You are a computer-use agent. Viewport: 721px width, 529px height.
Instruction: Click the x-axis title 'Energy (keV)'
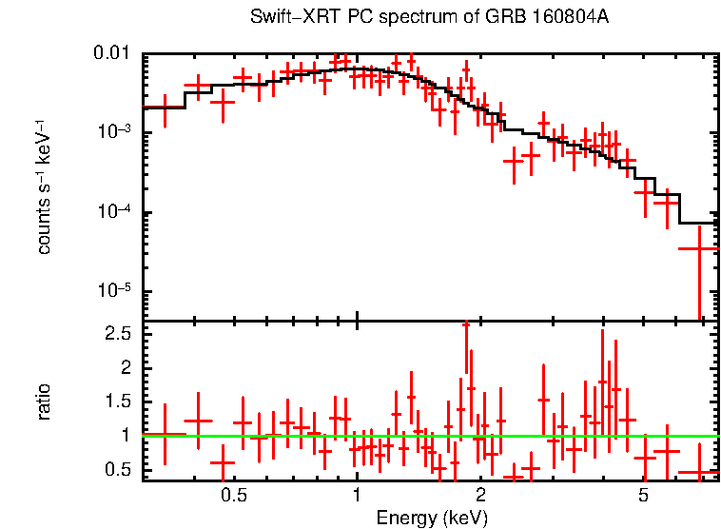(x=432, y=518)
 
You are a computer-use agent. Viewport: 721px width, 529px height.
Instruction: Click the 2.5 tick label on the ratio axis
(x=119, y=334)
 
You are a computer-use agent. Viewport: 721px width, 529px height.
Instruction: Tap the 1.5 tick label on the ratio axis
(x=119, y=402)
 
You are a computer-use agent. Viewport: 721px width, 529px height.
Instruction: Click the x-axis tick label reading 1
(x=357, y=496)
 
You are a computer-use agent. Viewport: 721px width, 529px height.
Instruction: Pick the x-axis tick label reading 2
(x=480, y=496)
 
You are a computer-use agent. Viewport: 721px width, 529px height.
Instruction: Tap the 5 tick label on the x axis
(x=644, y=496)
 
